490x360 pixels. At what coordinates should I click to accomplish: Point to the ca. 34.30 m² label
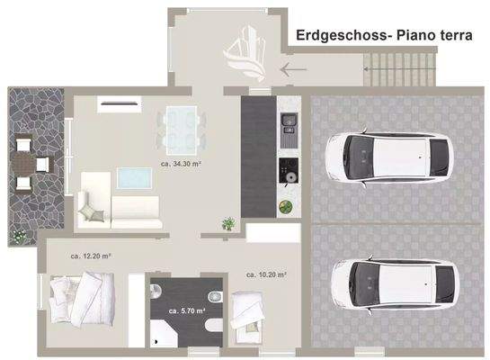point(182,164)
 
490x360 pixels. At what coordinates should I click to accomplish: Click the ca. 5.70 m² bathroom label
point(187,310)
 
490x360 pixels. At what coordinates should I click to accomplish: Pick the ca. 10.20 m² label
point(266,274)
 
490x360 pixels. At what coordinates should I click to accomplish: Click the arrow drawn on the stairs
point(294,68)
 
